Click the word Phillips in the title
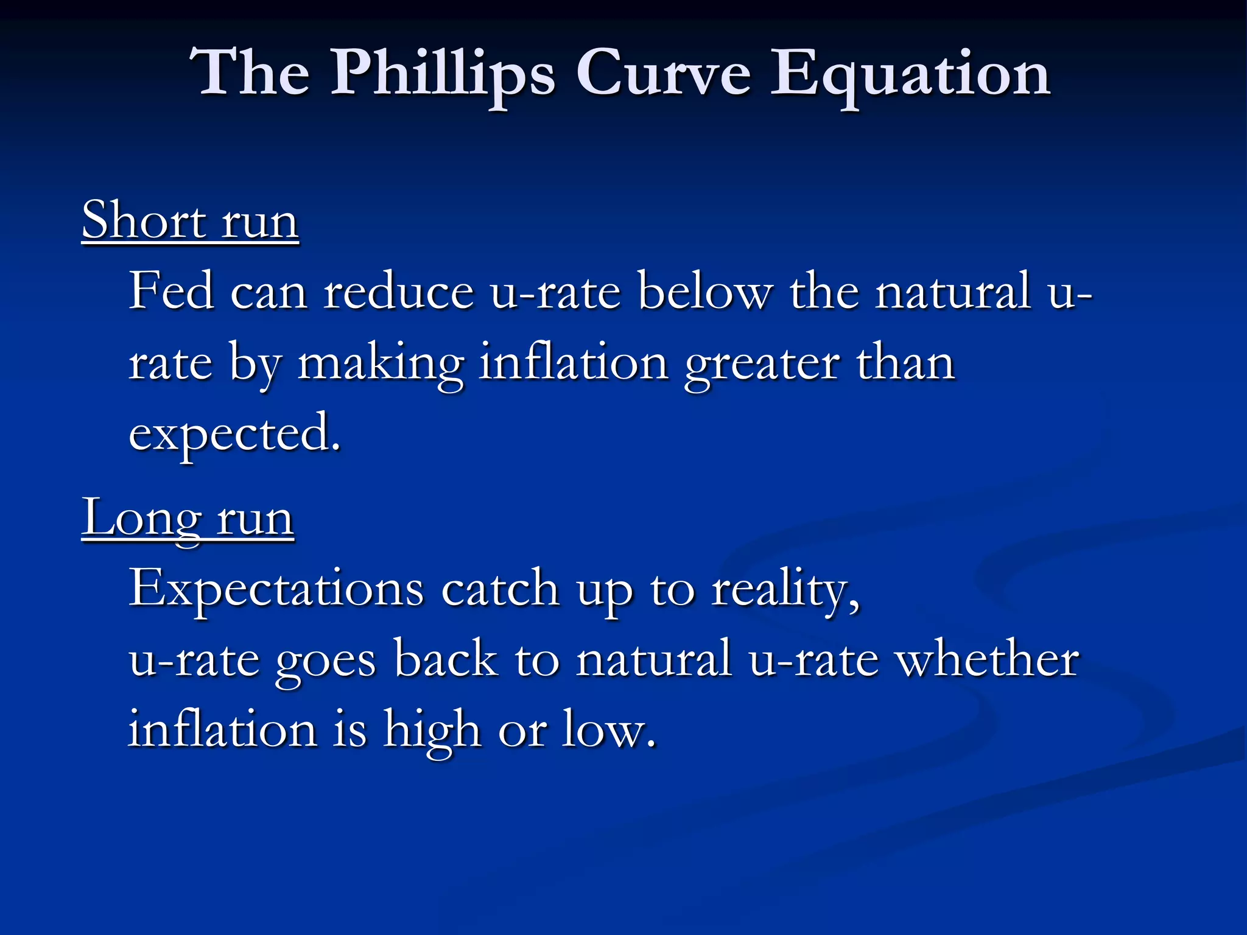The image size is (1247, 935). pos(443,74)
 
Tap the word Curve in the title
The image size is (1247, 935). pos(663,74)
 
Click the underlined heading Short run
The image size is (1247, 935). pos(190,220)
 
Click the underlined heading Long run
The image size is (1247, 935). pos(188,517)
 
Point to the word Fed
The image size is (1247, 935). pos(171,291)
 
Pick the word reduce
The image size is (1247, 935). pos(398,291)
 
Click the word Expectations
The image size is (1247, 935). pos(276,588)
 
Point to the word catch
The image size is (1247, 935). pos(500,588)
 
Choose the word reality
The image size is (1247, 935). pos(785,588)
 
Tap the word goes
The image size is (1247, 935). pos(325,660)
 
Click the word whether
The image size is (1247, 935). pos(988,659)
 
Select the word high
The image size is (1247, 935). pos(432,729)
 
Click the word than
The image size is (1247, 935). pos(905,363)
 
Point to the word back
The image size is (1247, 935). pos(445,659)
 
